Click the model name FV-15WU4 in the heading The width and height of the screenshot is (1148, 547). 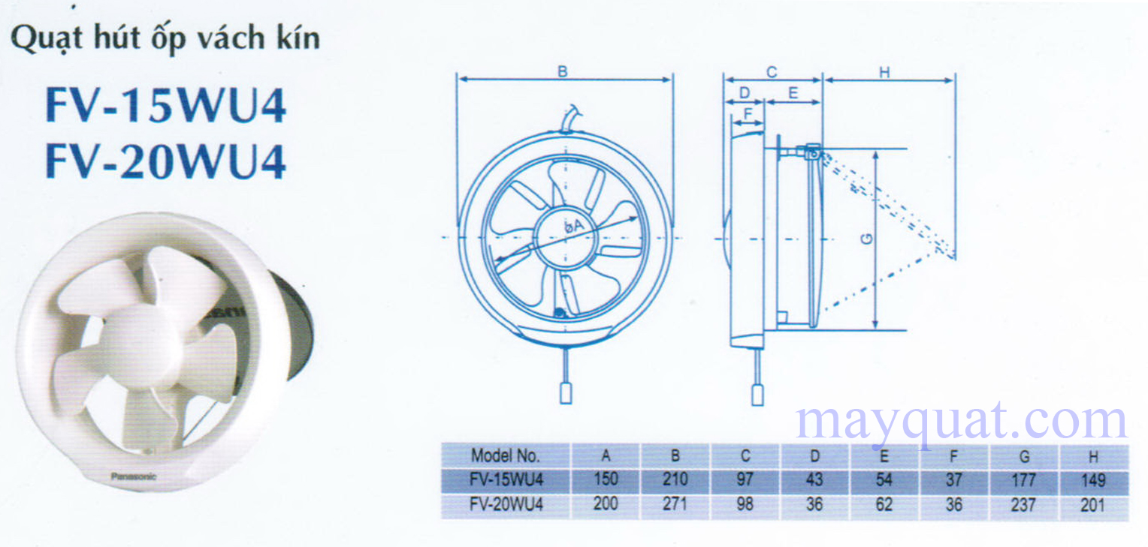tap(166, 107)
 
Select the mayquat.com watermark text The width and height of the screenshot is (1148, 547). tap(962, 422)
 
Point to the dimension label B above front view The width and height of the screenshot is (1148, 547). tap(562, 72)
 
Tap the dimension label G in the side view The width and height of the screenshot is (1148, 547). tap(867, 239)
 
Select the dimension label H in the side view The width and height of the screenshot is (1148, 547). tap(884, 72)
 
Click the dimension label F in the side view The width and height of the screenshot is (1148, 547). tap(747, 114)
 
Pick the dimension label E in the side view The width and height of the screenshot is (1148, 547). tap(793, 93)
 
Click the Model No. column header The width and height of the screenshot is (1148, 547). tap(505, 455)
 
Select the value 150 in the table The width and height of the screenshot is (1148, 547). tap(606, 479)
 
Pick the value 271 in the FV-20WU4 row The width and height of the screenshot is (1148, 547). tap(675, 504)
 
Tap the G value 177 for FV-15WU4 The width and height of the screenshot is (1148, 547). tap(1024, 479)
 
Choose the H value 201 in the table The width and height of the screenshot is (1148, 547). tap(1093, 504)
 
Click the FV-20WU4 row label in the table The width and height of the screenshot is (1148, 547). tap(506, 504)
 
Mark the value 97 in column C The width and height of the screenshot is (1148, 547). tap(745, 479)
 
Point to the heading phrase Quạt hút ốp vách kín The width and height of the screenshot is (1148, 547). tap(165, 38)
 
